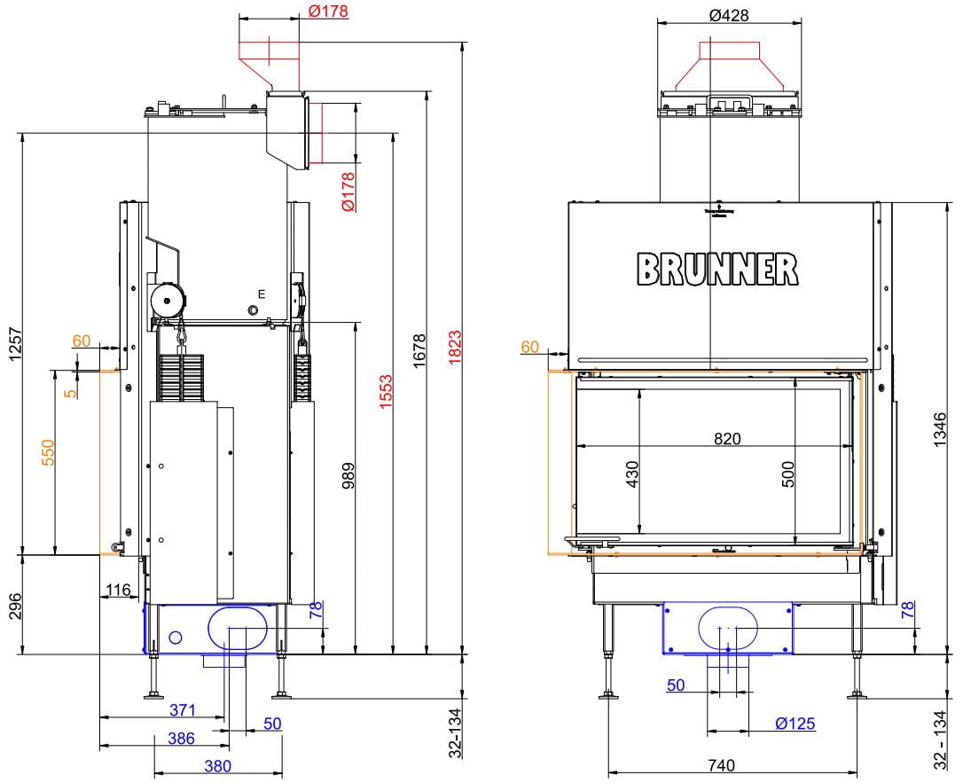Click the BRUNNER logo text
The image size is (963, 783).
pyautogui.click(x=717, y=270)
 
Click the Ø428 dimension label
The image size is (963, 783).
pyautogui.click(x=729, y=15)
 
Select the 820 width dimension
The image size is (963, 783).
pyautogui.click(x=727, y=438)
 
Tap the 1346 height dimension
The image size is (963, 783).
pyautogui.click(x=940, y=430)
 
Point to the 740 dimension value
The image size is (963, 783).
pyautogui.click(x=721, y=765)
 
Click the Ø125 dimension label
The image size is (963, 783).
pyautogui.click(x=795, y=724)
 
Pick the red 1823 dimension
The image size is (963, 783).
pyautogui.click(x=455, y=348)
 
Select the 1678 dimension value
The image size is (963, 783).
pyautogui.click(x=419, y=351)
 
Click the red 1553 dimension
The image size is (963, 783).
pyautogui.click(x=386, y=392)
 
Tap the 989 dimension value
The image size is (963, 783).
pyautogui.click(x=348, y=476)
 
